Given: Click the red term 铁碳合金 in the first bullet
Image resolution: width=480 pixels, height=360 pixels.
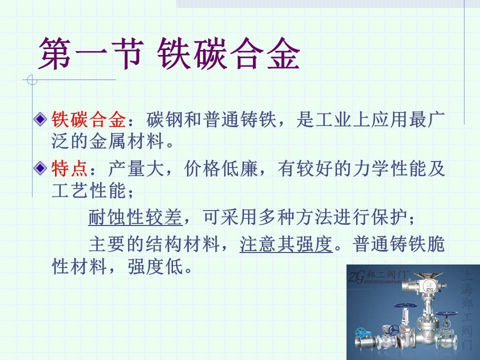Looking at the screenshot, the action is point(88,119).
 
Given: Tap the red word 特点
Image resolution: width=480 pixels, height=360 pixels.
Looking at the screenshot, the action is point(69,168).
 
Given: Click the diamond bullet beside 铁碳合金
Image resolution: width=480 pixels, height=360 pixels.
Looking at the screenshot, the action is point(40,119).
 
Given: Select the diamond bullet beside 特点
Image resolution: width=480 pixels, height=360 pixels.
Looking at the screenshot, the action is point(40,168).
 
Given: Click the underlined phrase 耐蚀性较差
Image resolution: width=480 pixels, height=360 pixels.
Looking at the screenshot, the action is point(135,217).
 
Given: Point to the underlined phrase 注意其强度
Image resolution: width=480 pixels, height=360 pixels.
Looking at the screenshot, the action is point(286,244).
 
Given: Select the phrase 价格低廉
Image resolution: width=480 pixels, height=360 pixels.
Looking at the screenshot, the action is point(221,168).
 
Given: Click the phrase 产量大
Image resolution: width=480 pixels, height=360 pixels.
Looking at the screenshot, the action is point(136,168).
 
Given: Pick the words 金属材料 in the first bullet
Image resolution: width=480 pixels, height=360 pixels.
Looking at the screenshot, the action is point(126,141).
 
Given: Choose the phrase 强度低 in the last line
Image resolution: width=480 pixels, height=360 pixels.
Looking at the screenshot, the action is point(155,266).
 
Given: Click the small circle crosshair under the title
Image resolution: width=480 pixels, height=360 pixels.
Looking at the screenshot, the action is point(32,80).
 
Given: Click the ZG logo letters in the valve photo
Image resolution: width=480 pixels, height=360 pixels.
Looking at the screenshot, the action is point(356,277).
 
